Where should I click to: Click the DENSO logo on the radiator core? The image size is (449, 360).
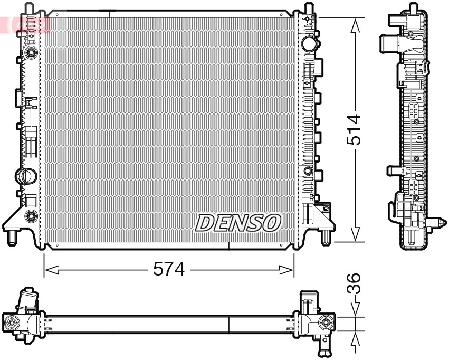tap(238, 223)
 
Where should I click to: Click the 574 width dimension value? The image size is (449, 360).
tap(169, 270)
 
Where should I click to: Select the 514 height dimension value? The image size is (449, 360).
tap(354, 129)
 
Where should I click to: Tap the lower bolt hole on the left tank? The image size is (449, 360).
tap(31, 215)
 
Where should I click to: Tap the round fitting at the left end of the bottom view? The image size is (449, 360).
tap(12, 323)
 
